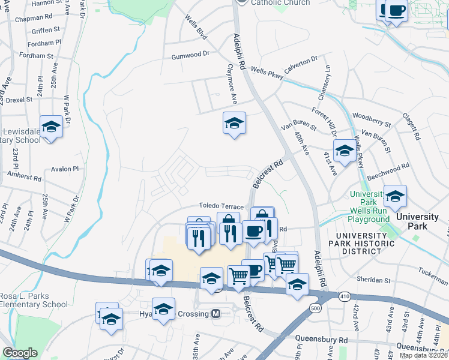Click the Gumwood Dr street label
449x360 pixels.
tap(190, 53)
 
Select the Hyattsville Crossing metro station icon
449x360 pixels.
tap(215, 314)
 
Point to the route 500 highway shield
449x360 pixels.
tap(316, 308)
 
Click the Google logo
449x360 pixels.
tap(20, 353)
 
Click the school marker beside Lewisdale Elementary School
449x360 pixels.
tap(51, 127)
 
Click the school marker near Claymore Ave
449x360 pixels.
tap(234, 124)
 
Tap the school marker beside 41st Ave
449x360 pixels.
tap(345, 151)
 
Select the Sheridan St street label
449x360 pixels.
tap(373, 280)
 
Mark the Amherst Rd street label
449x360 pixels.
tap(25, 178)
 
